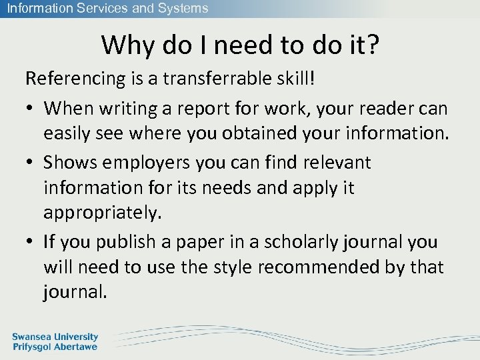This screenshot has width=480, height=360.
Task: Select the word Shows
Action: coord(66,162)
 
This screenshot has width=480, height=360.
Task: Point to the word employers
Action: coord(144,162)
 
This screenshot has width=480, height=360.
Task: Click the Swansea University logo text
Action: coord(55,342)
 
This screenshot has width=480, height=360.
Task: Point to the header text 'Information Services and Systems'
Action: coord(108,9)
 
